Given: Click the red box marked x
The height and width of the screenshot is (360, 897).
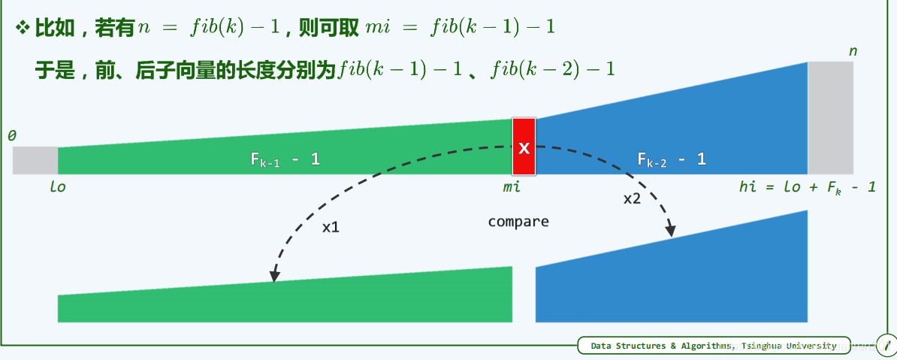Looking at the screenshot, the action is [524, 147].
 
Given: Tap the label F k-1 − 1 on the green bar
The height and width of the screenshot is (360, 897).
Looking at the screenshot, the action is [285, 159].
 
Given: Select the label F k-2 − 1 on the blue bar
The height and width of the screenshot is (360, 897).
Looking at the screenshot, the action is [672, 159].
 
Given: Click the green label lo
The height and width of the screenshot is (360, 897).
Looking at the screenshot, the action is [58, 187].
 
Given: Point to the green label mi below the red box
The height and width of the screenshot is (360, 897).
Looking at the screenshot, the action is [512, 187].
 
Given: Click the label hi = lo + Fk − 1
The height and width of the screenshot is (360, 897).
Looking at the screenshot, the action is [807, 187].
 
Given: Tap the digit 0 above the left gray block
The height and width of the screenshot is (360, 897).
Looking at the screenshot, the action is [11, 136].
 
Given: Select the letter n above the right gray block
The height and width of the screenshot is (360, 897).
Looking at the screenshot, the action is [853, 52].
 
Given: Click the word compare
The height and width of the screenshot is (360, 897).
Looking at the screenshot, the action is [518, 222].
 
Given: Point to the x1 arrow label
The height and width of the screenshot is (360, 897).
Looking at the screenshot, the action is [331, 227].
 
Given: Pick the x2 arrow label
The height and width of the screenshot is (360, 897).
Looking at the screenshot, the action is [632, 199].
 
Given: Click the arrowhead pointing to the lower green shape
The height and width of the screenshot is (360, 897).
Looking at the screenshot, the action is [275, 277].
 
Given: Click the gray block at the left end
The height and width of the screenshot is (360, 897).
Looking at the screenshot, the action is [35, 160].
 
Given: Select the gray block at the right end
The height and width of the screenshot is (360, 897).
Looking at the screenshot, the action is [830, 118].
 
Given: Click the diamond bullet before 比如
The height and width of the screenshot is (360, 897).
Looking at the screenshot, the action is [23, 28].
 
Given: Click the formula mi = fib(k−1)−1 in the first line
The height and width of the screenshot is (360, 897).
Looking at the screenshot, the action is [461, 28].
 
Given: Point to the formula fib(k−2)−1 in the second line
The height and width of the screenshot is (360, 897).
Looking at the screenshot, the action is [552, 69].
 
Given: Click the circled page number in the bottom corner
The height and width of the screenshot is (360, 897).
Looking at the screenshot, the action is [886, 345].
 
